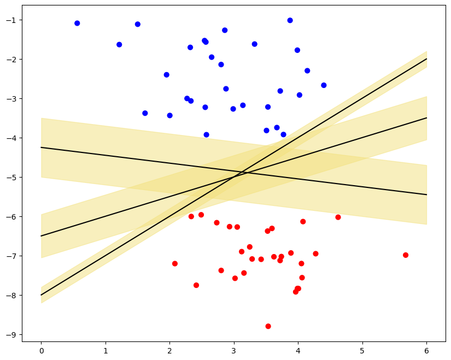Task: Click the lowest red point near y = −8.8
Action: point(268,326)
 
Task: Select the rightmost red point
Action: point(406,255)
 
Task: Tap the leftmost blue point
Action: point(77,23)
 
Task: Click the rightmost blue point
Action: point(324,85)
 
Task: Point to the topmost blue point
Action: point(290,20)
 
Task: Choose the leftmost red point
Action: point(175,263)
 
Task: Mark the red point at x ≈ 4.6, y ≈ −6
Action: point(338,217)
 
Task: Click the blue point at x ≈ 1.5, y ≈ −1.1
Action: point(137,24)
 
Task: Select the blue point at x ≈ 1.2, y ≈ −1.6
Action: point(119,44)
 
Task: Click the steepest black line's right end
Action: point(426,59)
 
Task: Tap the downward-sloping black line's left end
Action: point(41,147)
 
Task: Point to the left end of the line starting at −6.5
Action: point(41,236)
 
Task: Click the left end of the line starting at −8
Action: point(41,295)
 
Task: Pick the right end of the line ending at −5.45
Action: point(426,194)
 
